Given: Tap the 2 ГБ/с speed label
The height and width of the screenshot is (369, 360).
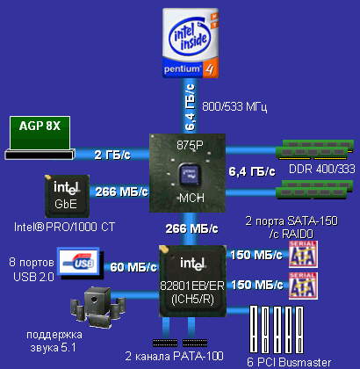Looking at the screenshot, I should pos(113,156).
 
